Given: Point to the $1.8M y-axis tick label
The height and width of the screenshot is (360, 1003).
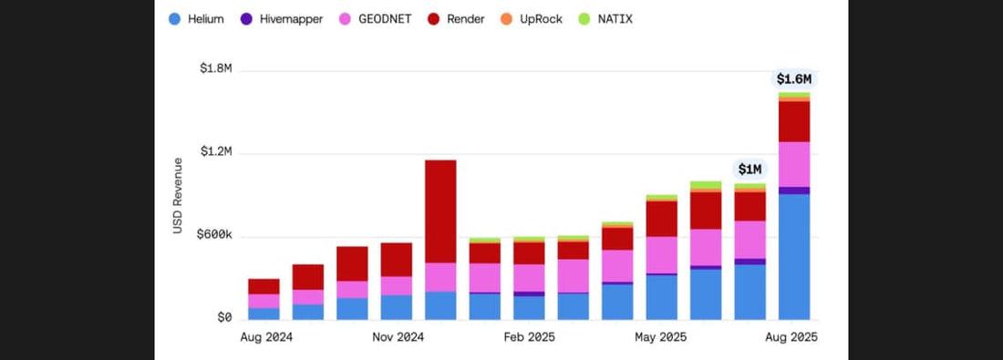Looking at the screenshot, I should click(x=215, y=69).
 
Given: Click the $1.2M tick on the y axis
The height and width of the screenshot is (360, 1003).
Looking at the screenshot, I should click(x=215, y=152).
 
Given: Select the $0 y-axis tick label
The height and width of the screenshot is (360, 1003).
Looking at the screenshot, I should click(x=223, y=318).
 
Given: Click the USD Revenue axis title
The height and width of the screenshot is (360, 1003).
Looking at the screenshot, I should click(x=178, y=195).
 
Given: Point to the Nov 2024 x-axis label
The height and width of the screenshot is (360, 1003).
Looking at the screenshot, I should click(x=398, y=337).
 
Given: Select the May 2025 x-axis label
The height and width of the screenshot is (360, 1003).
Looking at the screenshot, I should click(x=659, y=337).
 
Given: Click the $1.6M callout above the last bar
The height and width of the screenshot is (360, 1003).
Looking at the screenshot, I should click(x=794, y=78).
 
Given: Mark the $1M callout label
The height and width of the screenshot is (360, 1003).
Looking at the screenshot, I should click(x=750, y=169).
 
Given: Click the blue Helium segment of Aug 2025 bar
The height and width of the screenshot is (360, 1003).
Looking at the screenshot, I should click(x=794, y=256).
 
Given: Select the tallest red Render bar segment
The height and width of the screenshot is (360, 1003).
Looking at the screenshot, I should click(x=440, y=211).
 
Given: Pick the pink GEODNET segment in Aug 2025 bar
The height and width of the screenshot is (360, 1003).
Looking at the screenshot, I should click(x=794, y=164).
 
